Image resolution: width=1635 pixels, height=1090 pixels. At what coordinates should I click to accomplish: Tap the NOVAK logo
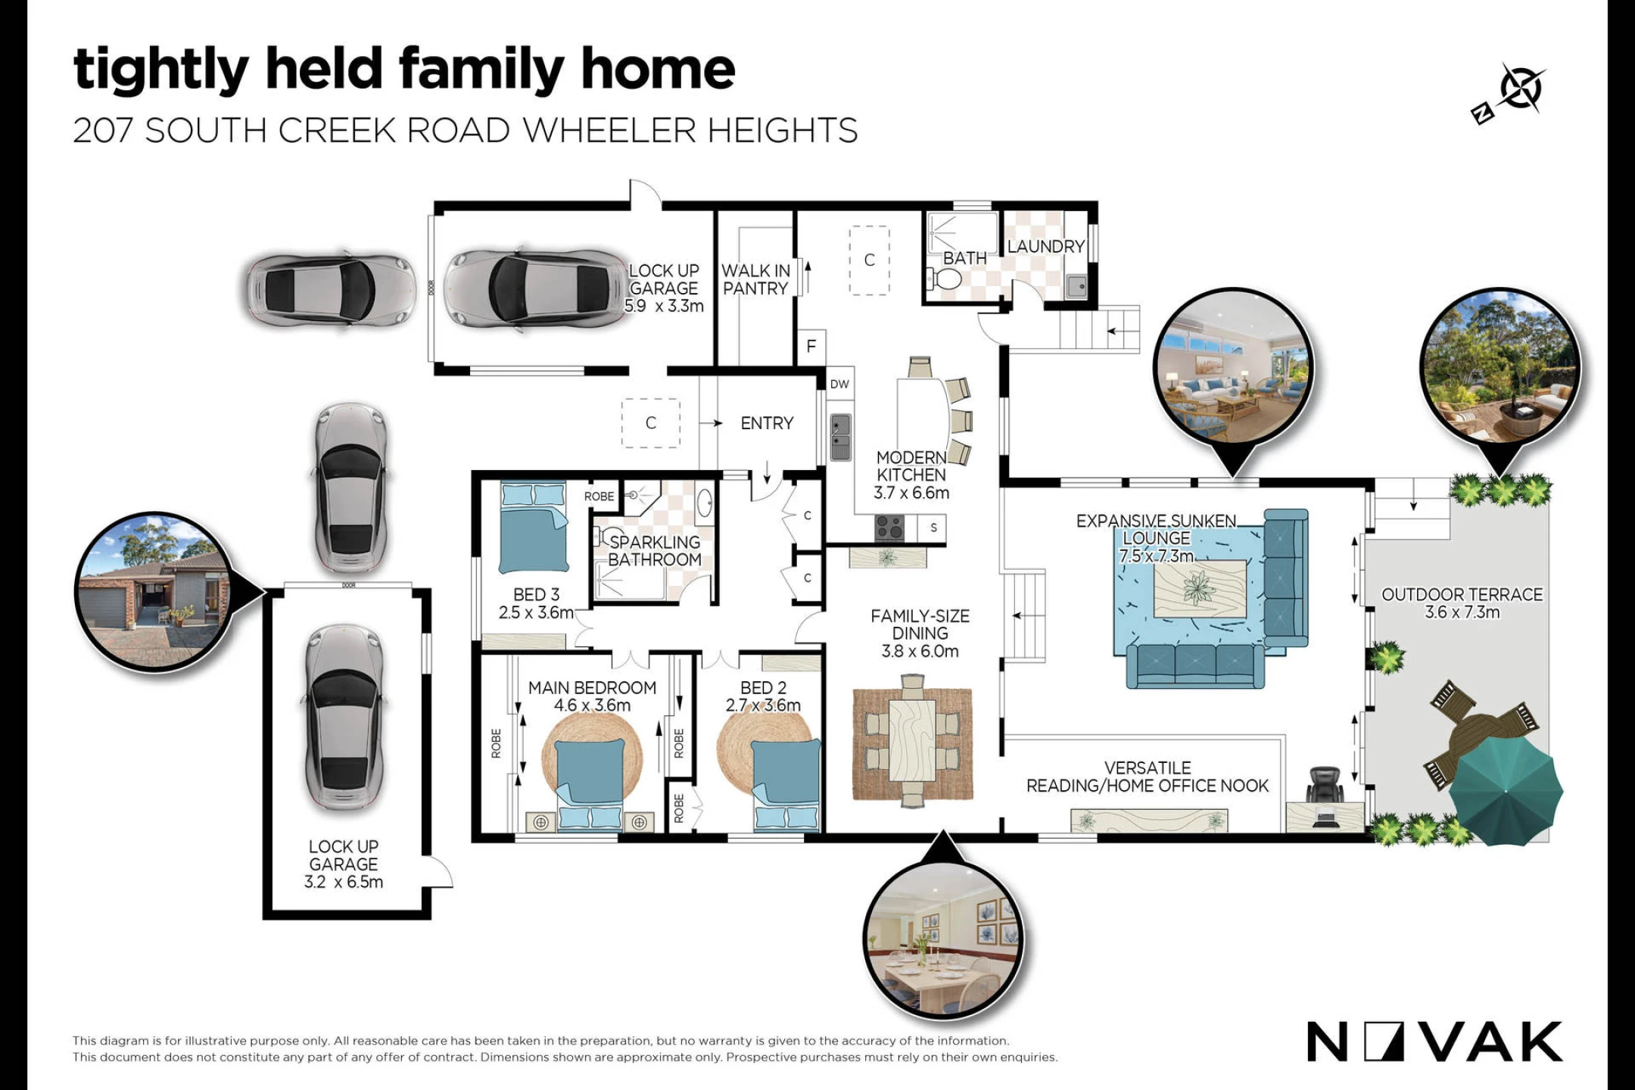[x=1434, y=1042]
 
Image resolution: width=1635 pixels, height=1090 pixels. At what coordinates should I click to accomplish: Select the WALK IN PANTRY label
[x=755, y=279]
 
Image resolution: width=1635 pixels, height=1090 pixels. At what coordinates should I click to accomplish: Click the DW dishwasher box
[x=839, y=384]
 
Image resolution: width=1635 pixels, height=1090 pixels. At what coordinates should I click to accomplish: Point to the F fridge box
[x=811, y=347]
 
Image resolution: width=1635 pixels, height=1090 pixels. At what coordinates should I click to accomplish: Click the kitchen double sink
[x=840, y=437]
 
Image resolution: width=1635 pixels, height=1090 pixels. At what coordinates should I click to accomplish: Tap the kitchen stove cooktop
[x=889, y=527]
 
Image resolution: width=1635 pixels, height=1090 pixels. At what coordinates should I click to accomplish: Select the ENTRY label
[x=767, y=423]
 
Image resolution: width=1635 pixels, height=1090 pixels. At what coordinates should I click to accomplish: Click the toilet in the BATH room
[x=944, y=280]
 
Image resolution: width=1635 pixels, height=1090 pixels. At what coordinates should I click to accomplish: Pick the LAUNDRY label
[x=1046, y=246]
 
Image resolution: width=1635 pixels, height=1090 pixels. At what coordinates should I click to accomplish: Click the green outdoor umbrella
[x=1506, y=791]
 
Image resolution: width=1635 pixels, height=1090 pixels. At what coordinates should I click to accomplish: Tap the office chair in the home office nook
[x=1324, y=785]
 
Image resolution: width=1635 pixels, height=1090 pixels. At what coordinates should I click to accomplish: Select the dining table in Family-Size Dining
[x=913, y=740]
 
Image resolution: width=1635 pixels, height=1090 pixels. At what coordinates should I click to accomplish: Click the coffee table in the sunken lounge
[x=1199, y=589]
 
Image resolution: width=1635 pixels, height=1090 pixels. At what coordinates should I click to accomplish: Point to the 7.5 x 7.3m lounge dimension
[x=1156, y=556]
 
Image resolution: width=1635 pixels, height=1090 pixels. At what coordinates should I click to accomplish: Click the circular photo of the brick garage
[x=154, y=592]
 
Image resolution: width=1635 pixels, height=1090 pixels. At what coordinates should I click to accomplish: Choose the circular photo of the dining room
[x=943, y=939]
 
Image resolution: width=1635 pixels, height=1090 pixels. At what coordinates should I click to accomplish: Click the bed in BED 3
[x=534, y=528]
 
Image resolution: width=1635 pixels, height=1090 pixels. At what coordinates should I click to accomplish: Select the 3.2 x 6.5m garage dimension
[x=344, y=882]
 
